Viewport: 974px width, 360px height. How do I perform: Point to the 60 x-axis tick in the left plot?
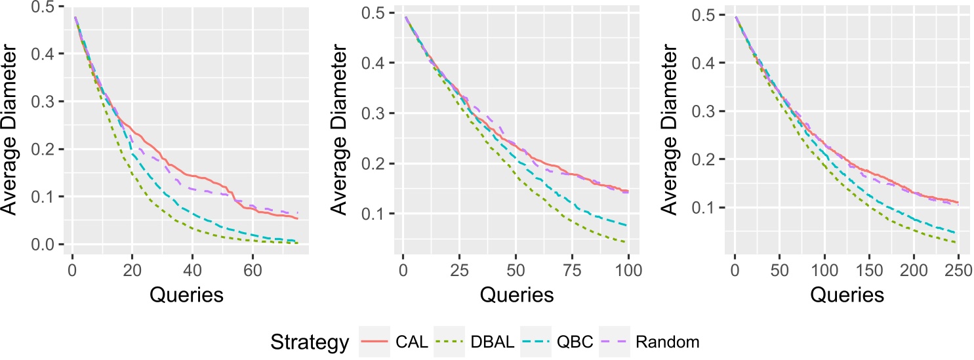(x=252, y=270)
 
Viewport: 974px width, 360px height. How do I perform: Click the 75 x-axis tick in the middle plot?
(x=572, y=270)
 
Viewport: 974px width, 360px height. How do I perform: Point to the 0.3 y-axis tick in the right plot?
(x=711, y=111)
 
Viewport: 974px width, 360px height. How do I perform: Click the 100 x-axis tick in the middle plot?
(x=628, y=270)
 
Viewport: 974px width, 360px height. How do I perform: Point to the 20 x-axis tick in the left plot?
(x=132, y=270)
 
